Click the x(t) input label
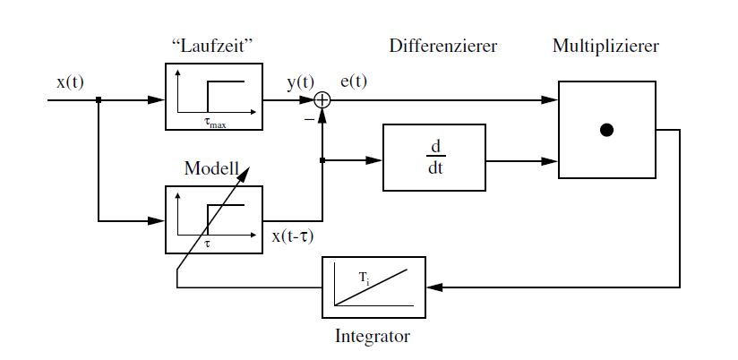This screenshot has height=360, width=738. [70, 82]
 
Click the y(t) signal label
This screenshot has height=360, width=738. [301, 83]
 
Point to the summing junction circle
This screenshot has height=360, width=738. [322, 101]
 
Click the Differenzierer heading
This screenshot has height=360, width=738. [442, 46]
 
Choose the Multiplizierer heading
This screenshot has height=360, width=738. [605, 46]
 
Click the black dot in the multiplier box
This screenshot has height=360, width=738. [606, 131]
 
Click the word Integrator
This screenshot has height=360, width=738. [372, 338]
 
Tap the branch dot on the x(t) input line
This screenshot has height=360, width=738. [98, 101]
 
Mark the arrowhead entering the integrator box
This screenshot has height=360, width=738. [433, 287]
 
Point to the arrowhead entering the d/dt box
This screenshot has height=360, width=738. [377, 161]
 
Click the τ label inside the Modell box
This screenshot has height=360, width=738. [207, 243]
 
